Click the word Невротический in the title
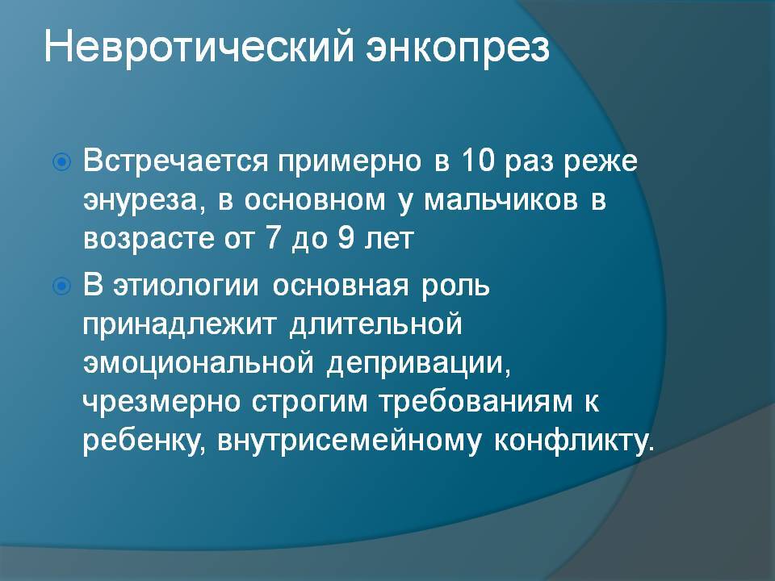point(199,47)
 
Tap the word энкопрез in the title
point(458,51)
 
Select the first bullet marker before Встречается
point(62,161)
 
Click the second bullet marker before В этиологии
point(62,286)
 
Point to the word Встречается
point(175,161)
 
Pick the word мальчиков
point(501,200)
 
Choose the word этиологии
point(186,286)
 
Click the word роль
point(455,286)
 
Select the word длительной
point(375,325)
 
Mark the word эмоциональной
point(199,364)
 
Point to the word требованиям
point(475,401)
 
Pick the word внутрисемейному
point(349,441)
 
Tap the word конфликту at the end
point(573,441)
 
